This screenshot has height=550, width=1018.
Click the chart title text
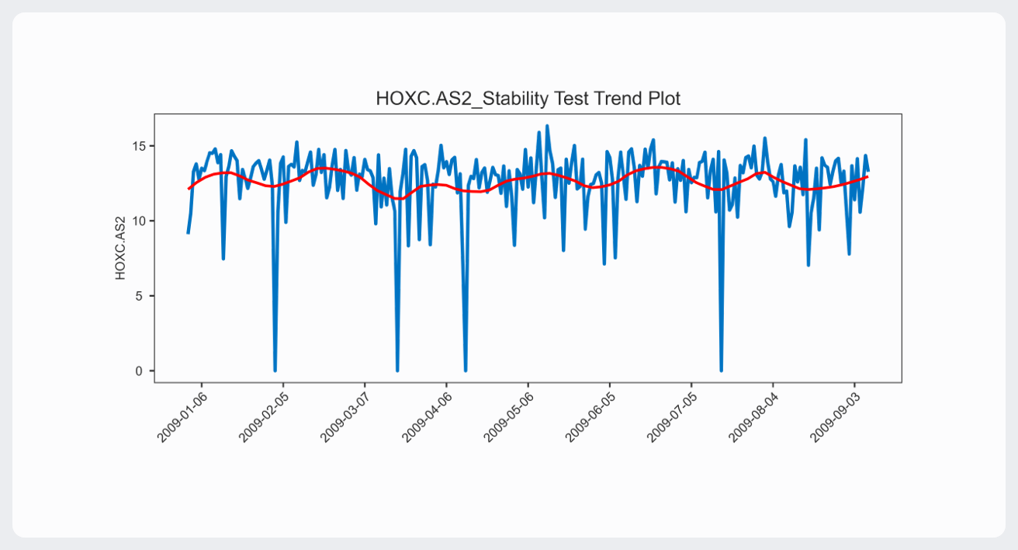point(528,99)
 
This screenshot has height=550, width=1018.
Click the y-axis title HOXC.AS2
point(120,248)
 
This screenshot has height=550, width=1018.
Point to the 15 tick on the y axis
point(140,146)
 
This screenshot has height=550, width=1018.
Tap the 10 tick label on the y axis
point(140,221)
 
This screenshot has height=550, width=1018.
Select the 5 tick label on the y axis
point(143,296)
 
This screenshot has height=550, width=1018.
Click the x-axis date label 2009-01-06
point(179,417)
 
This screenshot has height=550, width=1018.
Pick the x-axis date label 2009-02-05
point(261,417)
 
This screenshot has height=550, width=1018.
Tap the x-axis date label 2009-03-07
point(343,417)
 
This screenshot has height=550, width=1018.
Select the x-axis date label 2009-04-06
point(424,417)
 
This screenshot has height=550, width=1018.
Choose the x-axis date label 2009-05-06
point(506,417)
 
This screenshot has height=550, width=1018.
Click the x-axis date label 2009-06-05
point(587,417)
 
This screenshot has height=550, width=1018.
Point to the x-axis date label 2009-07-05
point(669,417)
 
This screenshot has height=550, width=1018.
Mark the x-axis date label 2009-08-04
point(751,417)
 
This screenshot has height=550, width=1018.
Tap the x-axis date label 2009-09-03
point(833,417)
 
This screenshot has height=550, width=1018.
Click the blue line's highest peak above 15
point(547,126)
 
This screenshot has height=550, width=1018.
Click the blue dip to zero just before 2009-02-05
point(275,370)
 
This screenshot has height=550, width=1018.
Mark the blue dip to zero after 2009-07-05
point(721,370)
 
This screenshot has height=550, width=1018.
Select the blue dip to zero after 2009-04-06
point(466,370)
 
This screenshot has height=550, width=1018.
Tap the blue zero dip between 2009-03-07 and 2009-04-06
point(397,370)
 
